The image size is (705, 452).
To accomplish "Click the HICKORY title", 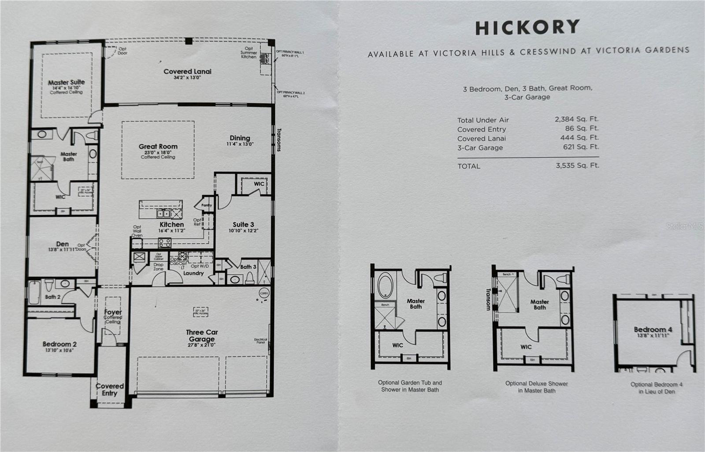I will [527, 27].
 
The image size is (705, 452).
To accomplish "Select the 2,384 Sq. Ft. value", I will [576, 119].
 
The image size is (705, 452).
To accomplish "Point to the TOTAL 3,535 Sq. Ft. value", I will [577, 165].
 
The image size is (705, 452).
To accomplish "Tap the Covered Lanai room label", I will [187, 71].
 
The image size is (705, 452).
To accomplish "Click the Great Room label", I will [158, 147].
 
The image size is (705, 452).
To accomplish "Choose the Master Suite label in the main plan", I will [67, 82].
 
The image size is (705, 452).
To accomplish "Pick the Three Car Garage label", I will [202, 335].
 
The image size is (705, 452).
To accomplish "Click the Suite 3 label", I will [243, 224].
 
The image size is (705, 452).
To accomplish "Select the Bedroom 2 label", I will [60, 344].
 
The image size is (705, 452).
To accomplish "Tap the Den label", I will [62, 244].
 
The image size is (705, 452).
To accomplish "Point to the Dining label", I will [240, 138].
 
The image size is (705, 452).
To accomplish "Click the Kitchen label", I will [171, 224].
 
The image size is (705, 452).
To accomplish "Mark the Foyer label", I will [113, 312].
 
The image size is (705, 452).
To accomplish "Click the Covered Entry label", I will [110, 390].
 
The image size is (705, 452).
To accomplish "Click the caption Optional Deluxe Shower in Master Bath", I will [536, 387].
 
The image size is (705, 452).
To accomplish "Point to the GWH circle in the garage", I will [263, 293].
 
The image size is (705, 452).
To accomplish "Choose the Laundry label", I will [193, 273].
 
